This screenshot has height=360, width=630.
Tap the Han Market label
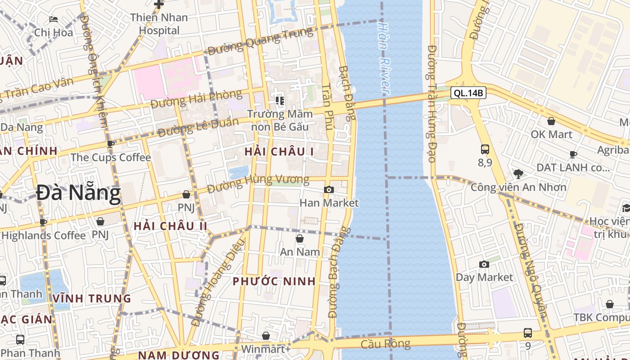[329, 203]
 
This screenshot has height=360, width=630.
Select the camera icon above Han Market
[329, 190]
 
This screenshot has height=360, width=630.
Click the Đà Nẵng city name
[78, 193]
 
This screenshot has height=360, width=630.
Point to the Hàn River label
[383, 58]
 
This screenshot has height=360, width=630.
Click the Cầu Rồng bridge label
[386, 344]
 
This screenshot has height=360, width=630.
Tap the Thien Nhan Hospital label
[159, 24]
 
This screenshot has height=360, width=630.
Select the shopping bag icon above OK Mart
[551, 121]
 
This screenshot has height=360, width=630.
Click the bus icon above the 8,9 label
[485, 149]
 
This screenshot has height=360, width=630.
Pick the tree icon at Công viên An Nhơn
[518, 174]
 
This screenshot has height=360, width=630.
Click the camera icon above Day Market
[484, 264]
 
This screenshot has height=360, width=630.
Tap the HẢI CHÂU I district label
[279, 152]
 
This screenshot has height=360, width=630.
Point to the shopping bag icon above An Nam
[300, 238]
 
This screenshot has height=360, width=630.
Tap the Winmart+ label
[266, 349]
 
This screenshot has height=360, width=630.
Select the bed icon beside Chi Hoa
[54, 19]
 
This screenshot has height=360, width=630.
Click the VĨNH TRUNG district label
[92, 298]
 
